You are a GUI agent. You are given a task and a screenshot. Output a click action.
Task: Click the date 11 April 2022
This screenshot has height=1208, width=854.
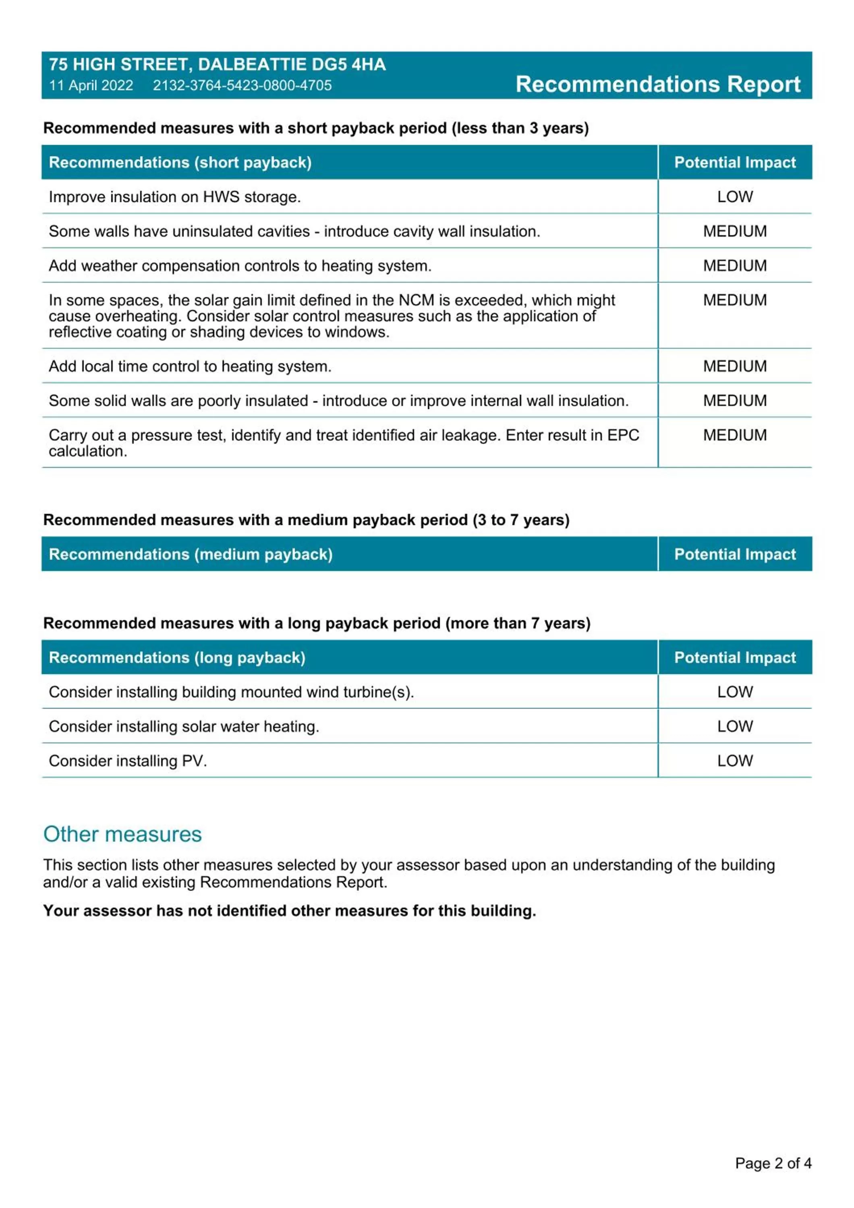(x=91, y=85)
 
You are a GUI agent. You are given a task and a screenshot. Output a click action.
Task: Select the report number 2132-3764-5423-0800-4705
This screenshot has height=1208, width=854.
(x=242, y=85)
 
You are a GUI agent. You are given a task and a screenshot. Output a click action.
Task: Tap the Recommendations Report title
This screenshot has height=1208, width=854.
(x=658, y=84)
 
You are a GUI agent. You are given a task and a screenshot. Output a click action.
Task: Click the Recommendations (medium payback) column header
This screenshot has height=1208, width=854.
(x=191, y=554)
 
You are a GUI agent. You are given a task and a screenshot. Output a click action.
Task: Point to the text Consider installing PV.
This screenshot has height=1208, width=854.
(x=128, y=761)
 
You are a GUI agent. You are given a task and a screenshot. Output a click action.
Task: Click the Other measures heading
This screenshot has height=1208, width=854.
(x=122, y=834)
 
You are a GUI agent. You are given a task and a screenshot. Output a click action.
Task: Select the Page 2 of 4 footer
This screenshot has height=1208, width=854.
(x=773, y=1163)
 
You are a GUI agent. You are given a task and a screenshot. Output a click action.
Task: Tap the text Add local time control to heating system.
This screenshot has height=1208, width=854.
(x=190, y=366)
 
